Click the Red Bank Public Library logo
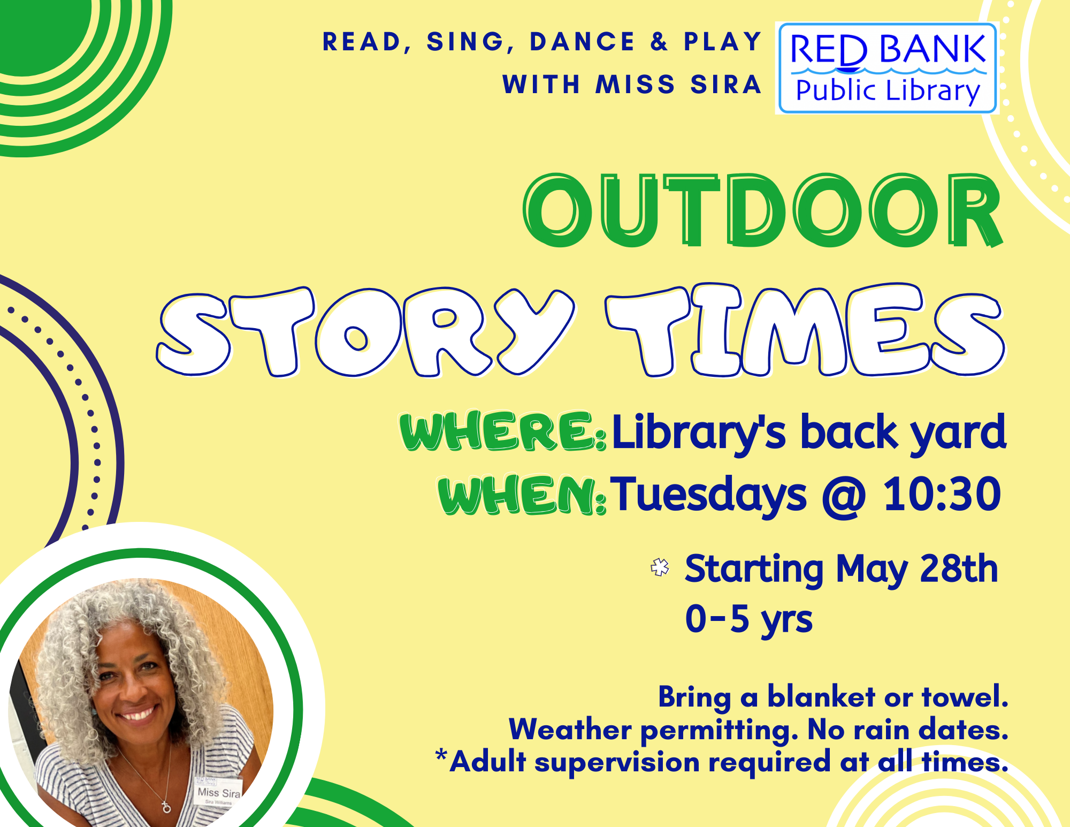pyautogui.click(x=887, y=68)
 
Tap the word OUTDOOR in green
pyautogui.click(x=762, y=210)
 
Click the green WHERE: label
pyautogui.click(x=503, y=431)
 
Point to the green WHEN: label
pyautogui.click(x=522, y=496)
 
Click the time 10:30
pyautogui.click(x=942, y=495)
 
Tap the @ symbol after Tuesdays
pyautogui.click(x=844, y=496)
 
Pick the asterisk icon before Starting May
pyautogui.click(x=660, y=567)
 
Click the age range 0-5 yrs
pyautogui.click(x=748, y=619)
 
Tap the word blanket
pyautogui.click(x=821, y=697)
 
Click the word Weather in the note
pyautogui.click(x=570, y=730)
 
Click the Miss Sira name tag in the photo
pyautogui.click(x=219, y=793)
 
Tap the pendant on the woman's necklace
pyautogui.click(x=166, y=807)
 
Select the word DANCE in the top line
pyautogui.click(x=582, y=42)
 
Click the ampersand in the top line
pyautogui.click(x=660, y=42)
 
